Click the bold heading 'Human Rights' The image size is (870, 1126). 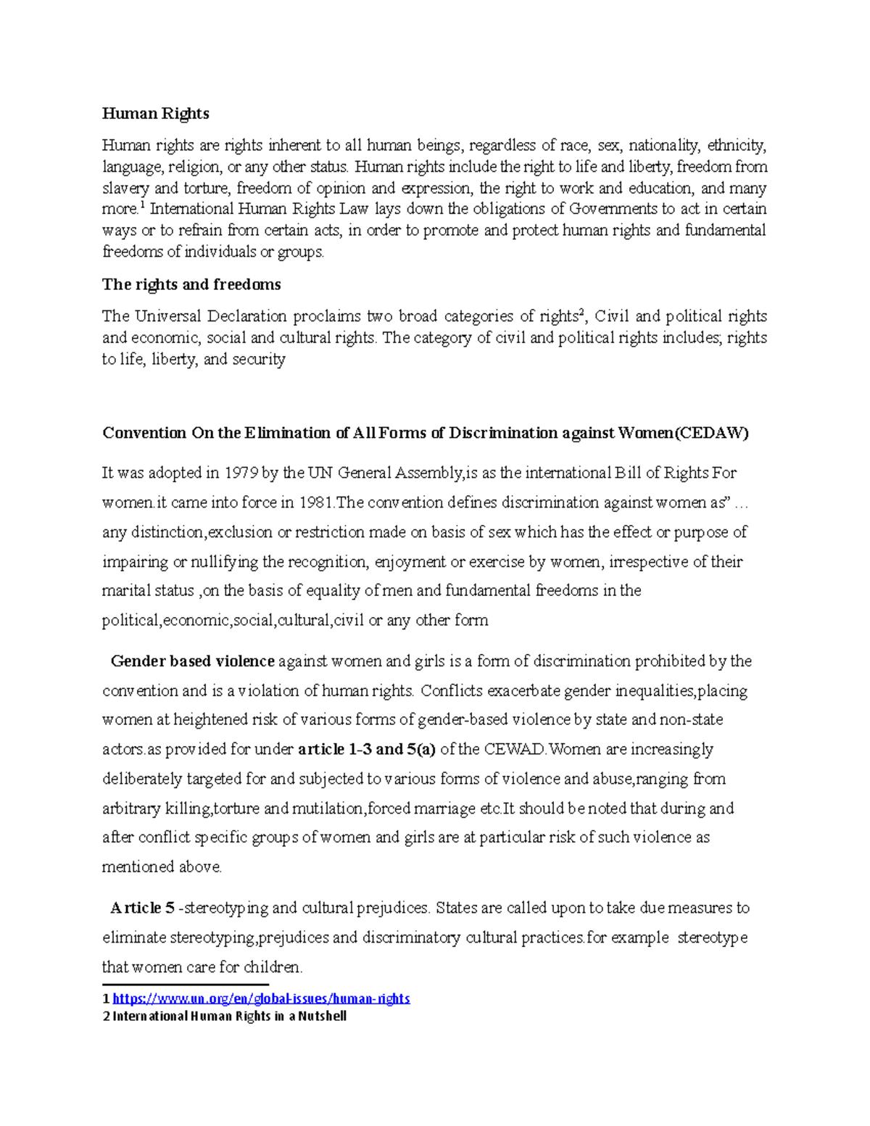tap(155, 113)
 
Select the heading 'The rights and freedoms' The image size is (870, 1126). tap(191, 284)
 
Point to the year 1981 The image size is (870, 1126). tap(316, 502)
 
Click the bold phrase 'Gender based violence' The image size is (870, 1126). tap(192, 661)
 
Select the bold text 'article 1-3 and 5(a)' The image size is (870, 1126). tap(367, 749)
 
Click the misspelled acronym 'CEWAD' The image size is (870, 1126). tap(514, 749)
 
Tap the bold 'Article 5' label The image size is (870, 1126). tap(142, 908)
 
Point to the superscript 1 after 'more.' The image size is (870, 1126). tap(143, 205)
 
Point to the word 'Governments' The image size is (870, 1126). tap(613, 209)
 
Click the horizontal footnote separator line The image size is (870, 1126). tap(186, 985)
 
